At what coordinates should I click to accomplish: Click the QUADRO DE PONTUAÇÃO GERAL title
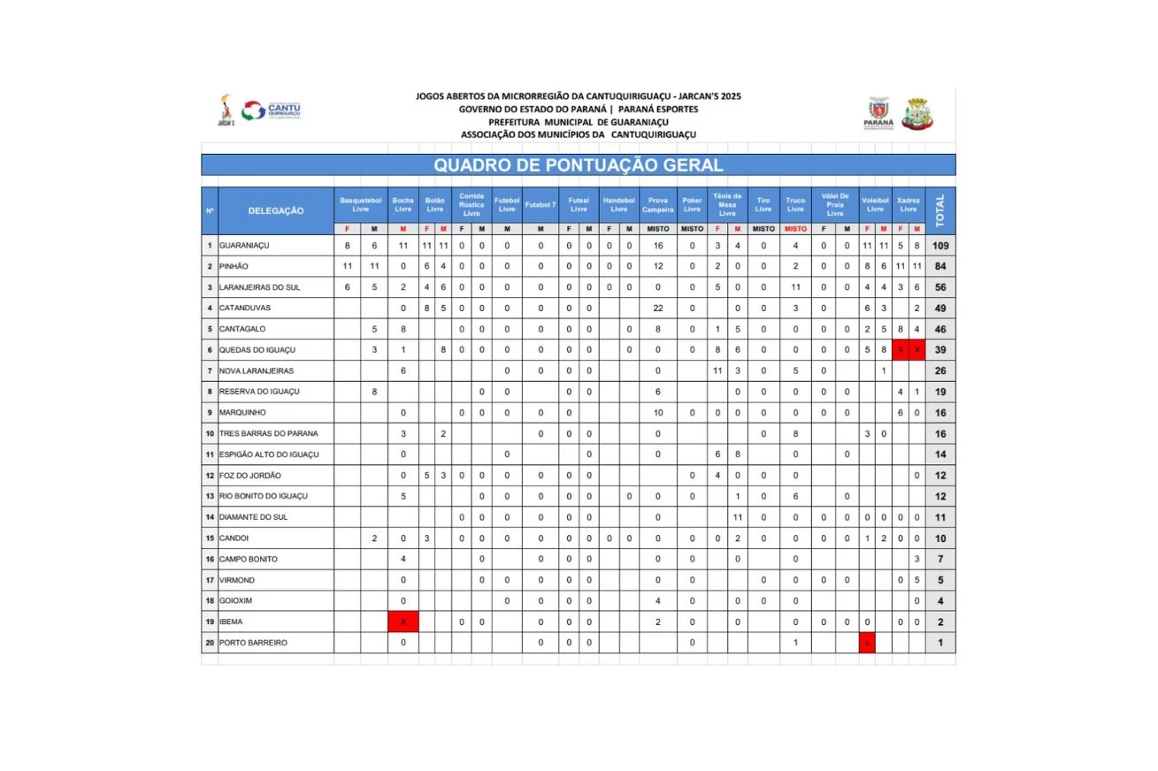pos(578,165)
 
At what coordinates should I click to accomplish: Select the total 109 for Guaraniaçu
pos(940,245)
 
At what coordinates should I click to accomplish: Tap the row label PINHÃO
pos(234,266)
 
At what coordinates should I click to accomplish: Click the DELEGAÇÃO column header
pos(276,210)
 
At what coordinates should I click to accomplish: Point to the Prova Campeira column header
pos(657,205)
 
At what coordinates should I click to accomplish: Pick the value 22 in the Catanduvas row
pos(657,308)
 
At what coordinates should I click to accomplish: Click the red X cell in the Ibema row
pos(403,622)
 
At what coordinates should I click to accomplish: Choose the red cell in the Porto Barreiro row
pos(867,643)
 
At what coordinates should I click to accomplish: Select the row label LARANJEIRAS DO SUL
pos(261,287)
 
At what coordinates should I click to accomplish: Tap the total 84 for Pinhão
pos(940,266)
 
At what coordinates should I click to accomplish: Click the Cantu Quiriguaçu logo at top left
pos(271,111)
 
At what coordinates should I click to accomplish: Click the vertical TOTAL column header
pos(940,210)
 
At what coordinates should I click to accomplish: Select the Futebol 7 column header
pos(540,205)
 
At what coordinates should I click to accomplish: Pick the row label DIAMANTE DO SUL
pos(253,517)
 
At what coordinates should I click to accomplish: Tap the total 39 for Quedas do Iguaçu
pos(940,350)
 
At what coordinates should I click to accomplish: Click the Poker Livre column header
pos(692,205)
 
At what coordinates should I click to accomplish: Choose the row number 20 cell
pos(210,643)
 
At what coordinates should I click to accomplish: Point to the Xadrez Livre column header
pos(908,205)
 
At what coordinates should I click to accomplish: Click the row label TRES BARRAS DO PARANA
pos(269,433)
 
